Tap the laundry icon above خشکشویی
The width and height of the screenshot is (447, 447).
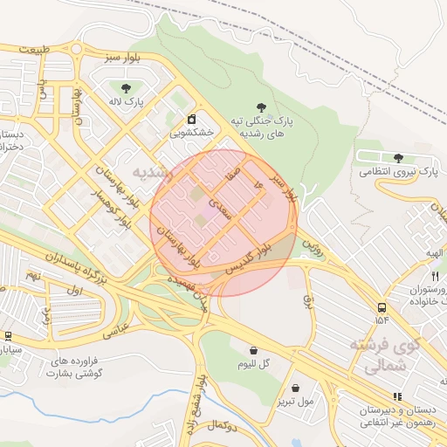click(191, 118)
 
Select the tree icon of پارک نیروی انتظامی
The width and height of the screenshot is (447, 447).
click(398, 158)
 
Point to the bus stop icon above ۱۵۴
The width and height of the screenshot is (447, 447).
click(382, 307)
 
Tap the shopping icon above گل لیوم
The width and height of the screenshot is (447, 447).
click(253, 349)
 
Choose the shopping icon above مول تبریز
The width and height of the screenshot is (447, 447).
click(295, 388)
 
